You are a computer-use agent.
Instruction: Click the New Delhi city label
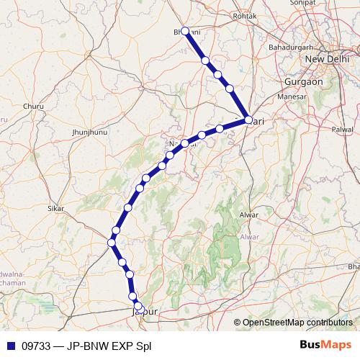click(328, 58)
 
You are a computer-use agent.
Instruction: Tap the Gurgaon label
click(303, 81)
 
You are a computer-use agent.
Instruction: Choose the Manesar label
click(290, 96)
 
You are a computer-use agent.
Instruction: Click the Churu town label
click(33, 107)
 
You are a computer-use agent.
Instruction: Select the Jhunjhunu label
click(89, 132)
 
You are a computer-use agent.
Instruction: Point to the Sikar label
click(55, 208)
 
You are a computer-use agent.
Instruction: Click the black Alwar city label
click(248, 215)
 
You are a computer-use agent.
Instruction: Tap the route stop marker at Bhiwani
click(185, 31)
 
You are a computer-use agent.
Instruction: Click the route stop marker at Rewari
click(248, 120)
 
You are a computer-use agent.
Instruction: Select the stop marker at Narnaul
click(185, 143)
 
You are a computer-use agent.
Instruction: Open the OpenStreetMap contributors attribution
click(297, 323)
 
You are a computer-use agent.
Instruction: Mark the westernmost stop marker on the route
click(111, 243)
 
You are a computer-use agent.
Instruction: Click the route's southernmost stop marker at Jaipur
click(139, 307)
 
